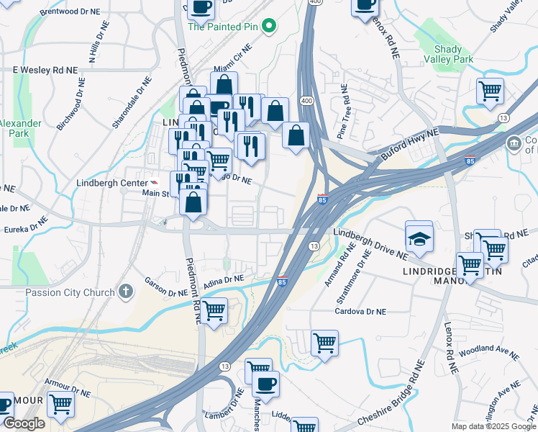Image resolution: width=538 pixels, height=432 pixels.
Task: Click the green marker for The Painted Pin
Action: pos(269,27)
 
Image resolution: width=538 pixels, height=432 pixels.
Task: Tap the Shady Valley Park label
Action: pos(453,53)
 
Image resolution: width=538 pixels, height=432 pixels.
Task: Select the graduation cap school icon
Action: pos(419,238)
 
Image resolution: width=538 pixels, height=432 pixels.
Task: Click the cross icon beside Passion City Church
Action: pos(126,292)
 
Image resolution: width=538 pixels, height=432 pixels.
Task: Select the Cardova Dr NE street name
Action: pos(361,312)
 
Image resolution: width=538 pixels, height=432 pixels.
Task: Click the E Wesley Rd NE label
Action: pos(45,70)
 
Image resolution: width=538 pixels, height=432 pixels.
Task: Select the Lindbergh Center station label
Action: pos(112,184)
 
